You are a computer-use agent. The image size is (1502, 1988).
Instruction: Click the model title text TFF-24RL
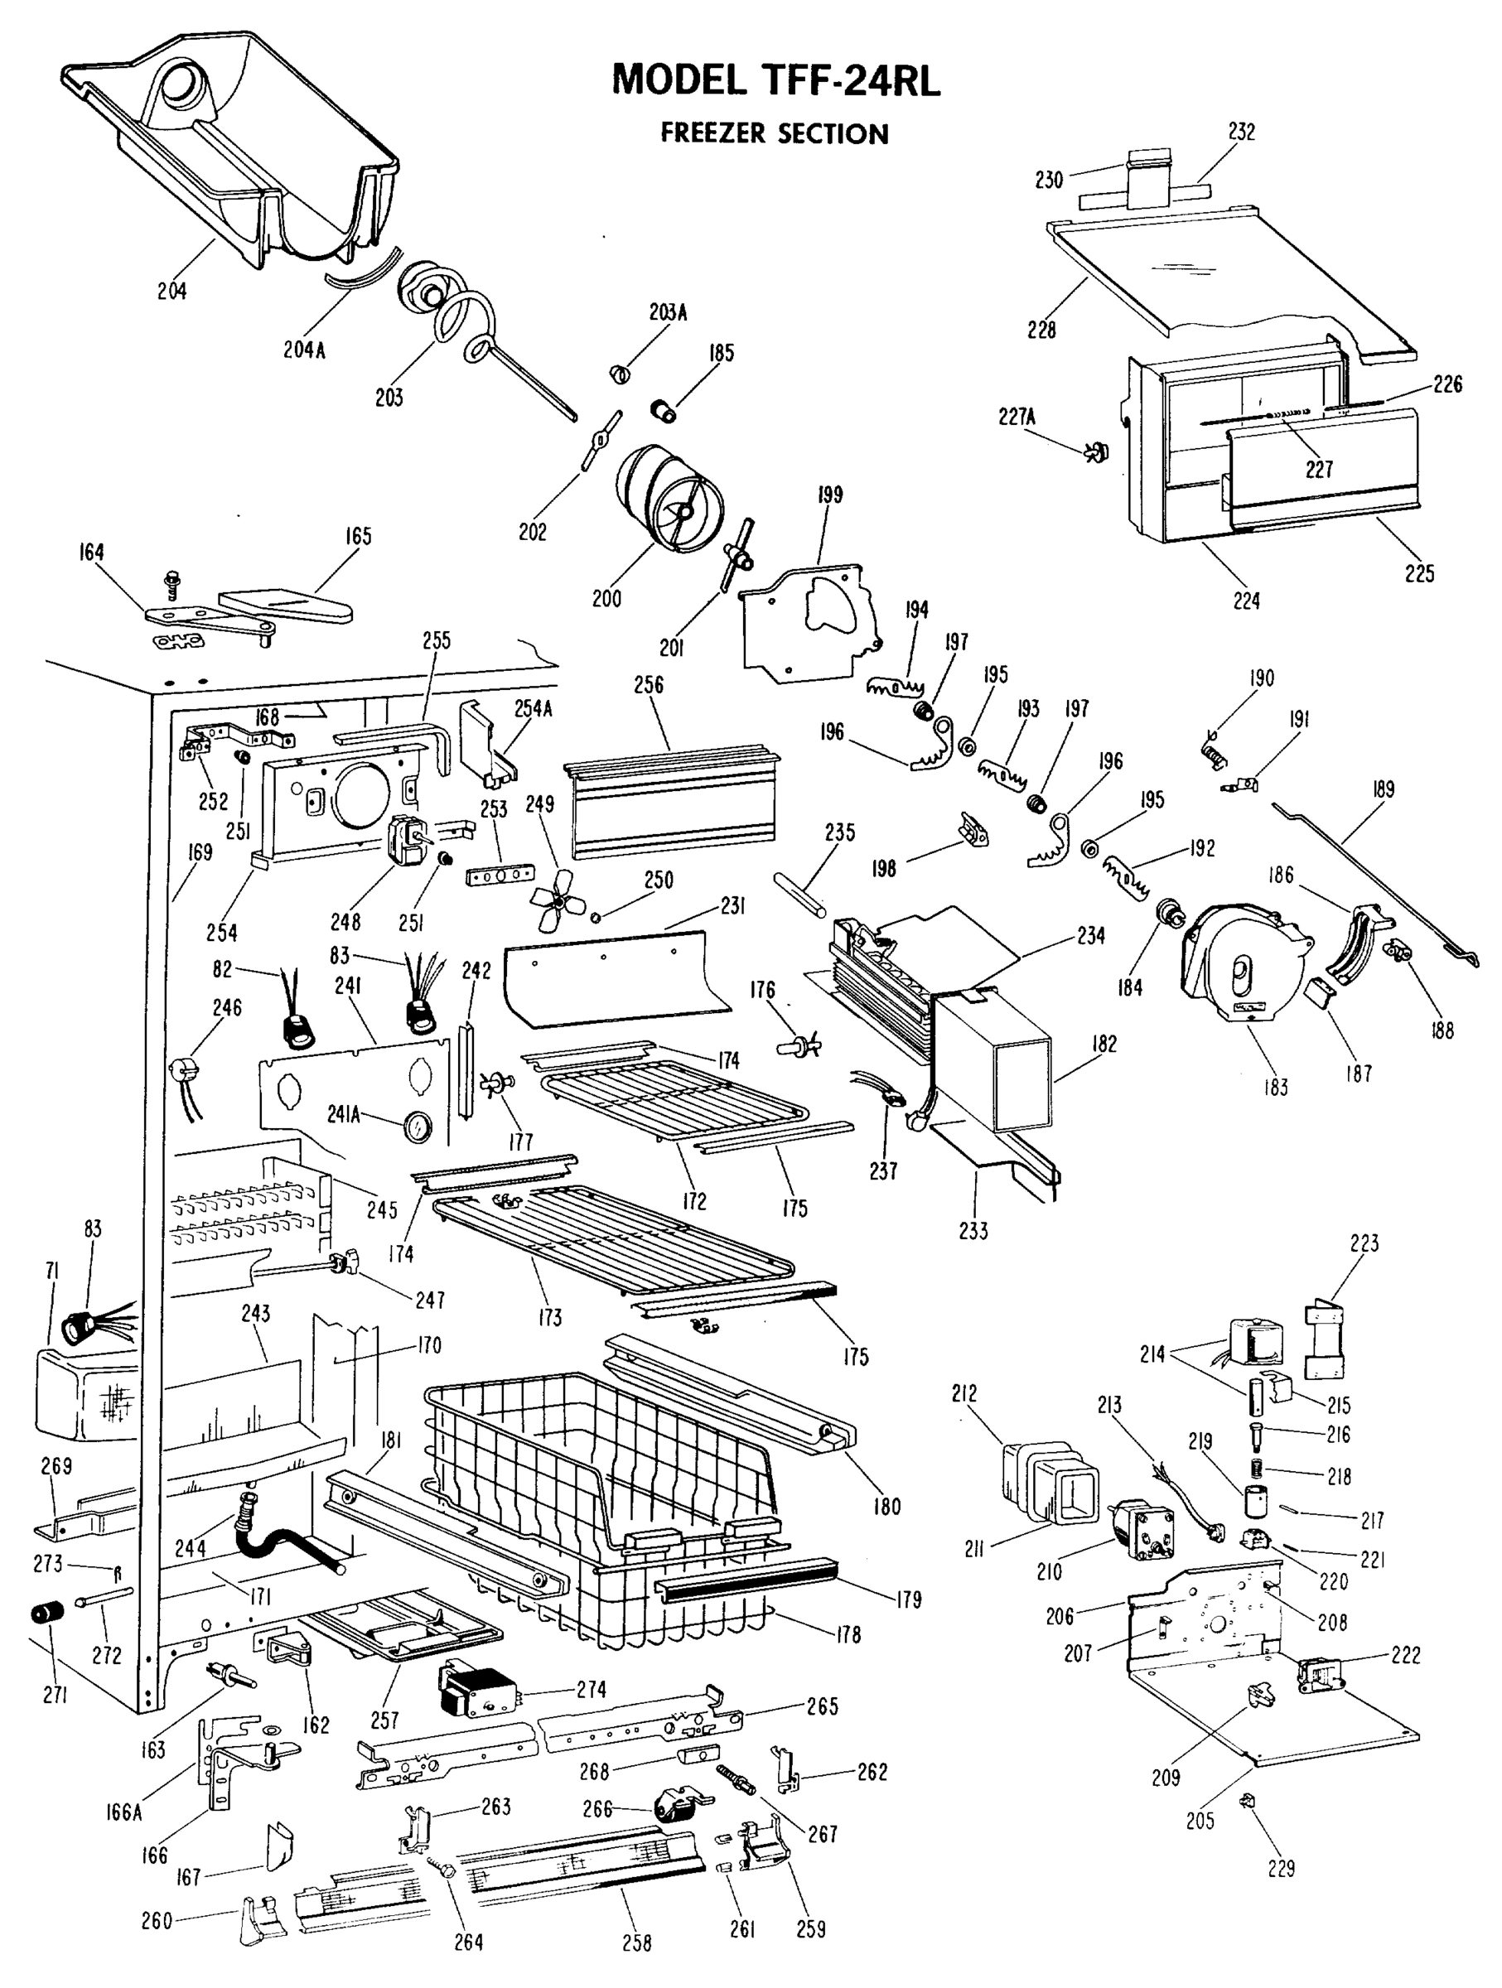(775, 81)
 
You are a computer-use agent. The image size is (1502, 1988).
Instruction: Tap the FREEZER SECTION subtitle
(774, 134)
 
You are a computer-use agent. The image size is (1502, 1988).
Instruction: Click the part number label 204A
(304, 350)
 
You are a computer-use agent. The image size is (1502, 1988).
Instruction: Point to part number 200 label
(606, 598)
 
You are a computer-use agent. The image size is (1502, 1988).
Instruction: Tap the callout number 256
(648, 684)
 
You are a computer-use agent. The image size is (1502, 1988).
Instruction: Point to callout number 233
(973, 1230)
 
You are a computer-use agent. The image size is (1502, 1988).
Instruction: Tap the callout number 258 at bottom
(636, 1942)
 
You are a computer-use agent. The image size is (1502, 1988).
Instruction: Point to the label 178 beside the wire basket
(848, 1634)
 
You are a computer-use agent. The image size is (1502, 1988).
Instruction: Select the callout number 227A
(1017, 416)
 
